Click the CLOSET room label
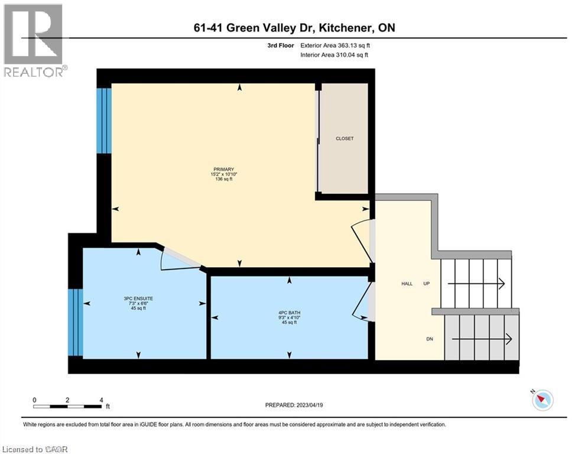click(344, 138)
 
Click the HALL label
click(407, 284)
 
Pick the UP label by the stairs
click(426, 284)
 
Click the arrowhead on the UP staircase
click(501, 284)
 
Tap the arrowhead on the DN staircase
click(508, 339)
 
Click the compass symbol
click(542, 400)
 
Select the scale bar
click(68, 406)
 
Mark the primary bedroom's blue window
click(104, 121)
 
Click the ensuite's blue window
click(74, 322)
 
